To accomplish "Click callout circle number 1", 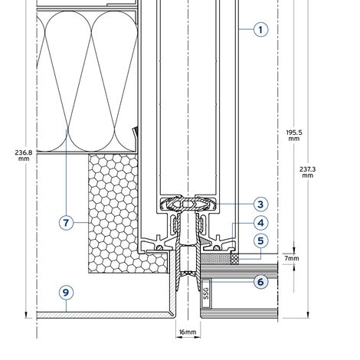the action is click(x=260, y=30).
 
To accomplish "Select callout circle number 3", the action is click(x=260, y=205).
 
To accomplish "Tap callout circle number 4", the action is click(x=260, y=223).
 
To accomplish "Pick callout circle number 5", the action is click(x=260, y=241).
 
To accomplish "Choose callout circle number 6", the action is click(x=260, y=282).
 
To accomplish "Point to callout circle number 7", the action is click(x=66, y=223).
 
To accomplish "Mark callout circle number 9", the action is click(x=66, y=293).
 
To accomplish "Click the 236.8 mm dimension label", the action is click(x=24, y=155).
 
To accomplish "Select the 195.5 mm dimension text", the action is click(x=294, y=136).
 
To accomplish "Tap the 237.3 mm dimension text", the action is click(x=307, y=172).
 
